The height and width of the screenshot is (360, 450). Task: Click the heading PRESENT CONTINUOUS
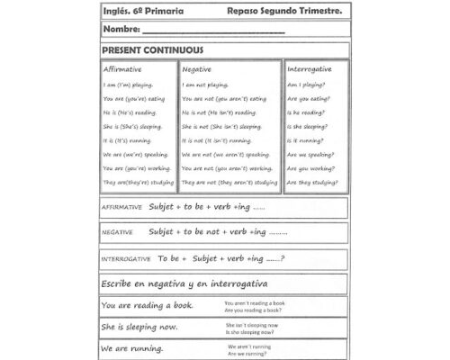click(152, 50)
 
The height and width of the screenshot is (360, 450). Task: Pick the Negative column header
click(197, 69)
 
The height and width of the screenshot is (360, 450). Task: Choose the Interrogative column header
click(309, 69)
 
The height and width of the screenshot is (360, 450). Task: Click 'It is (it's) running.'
click(128, 140)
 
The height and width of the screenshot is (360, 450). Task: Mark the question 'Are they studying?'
click(311, 183)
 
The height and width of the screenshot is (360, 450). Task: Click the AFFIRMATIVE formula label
click(121, 208)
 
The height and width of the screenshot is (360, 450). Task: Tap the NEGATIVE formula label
click(117, 232)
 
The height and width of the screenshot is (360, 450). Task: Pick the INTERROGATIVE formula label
click(126, 259)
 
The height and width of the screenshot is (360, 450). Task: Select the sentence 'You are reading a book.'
click(148, 306)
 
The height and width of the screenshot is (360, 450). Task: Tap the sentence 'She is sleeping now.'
click(139, 327)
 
